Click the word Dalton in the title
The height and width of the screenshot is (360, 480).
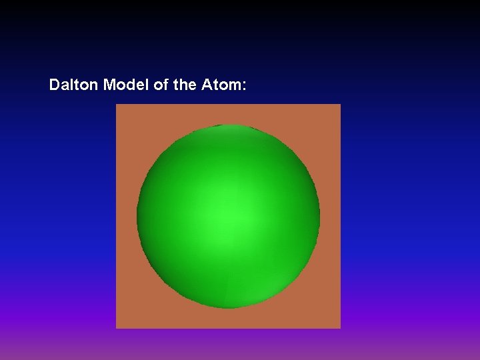tap(74, 85)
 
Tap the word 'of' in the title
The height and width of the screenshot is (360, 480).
tap(161, 85)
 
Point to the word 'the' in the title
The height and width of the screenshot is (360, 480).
tap(183, 85)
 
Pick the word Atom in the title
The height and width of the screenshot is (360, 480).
tap(219, 85)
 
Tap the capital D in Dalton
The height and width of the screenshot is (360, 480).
tap(55, 85)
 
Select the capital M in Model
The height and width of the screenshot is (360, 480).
tap(110, 85)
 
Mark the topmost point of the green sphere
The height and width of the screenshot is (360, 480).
tap(229, 125)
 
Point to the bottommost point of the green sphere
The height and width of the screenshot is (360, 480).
tap(229, 309)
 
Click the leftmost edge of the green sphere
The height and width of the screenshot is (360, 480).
tap(137, 217)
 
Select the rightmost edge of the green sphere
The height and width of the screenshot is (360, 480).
tap(320, 217)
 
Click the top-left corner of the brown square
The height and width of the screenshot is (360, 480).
tap(117, 105)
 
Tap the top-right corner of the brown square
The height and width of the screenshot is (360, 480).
tap(340, 105)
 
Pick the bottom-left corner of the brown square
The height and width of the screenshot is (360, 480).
tap(117, 328)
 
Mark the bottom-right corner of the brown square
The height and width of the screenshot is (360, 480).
tap(340, 328)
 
